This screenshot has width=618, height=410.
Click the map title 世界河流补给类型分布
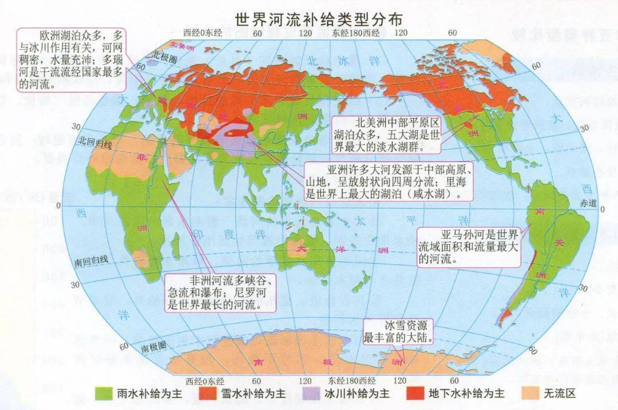click(x=319, y=18)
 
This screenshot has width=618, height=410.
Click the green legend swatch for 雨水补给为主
click(x=105, y=394)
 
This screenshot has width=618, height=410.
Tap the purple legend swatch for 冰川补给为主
click(x=311, y=394)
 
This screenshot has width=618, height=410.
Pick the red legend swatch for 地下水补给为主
click(x=414, y=394)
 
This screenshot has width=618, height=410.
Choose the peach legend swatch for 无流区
click(x=532, y=394)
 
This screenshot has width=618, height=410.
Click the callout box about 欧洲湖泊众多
click(x=71, y=58)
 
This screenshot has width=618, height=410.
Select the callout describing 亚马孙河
click(x=469, y=247)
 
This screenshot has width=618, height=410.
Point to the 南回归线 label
click(x=92, y=260)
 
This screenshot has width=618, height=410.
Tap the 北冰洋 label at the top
click(x=331, y=60)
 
